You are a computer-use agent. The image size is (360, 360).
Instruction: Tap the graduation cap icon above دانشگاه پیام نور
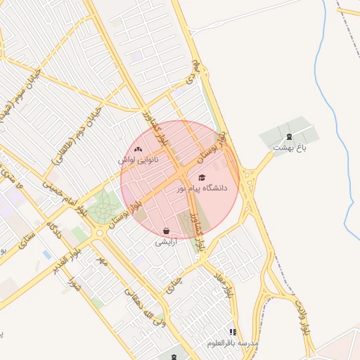point(202,178)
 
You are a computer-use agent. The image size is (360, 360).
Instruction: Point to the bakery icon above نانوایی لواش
point(138,149)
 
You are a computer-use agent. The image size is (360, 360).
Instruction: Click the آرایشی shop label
point(166,241)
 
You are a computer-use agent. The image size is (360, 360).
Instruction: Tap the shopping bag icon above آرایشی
point(166,231)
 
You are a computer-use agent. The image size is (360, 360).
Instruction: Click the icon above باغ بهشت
point(289,136)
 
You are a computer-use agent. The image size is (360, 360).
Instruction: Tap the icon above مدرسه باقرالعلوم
point(233,332)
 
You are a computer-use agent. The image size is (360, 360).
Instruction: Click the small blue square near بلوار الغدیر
point(46,254)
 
